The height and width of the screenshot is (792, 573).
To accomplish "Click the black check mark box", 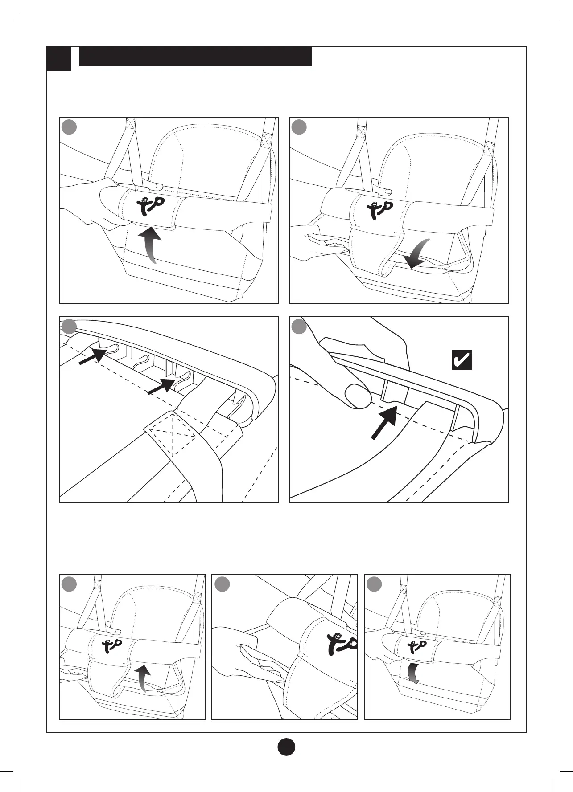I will click(x=462, y=360).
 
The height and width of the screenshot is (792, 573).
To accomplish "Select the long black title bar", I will click(x=195, y=57).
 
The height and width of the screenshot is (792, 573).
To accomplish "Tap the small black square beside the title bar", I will click(x=59, y=59).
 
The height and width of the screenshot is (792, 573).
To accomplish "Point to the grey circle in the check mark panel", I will click(x=299, y=327).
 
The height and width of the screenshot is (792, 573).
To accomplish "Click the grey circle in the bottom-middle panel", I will click(x=222, y=584).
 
